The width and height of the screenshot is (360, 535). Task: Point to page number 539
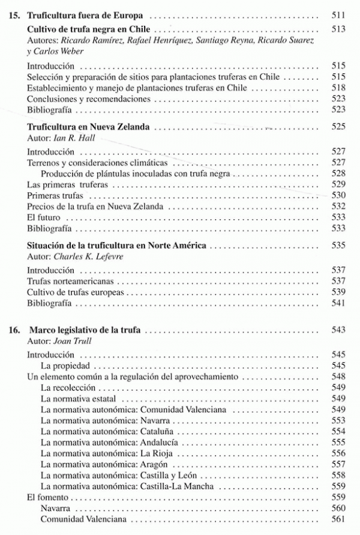338,292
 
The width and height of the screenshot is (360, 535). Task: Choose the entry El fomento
47,498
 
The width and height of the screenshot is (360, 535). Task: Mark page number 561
338,520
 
